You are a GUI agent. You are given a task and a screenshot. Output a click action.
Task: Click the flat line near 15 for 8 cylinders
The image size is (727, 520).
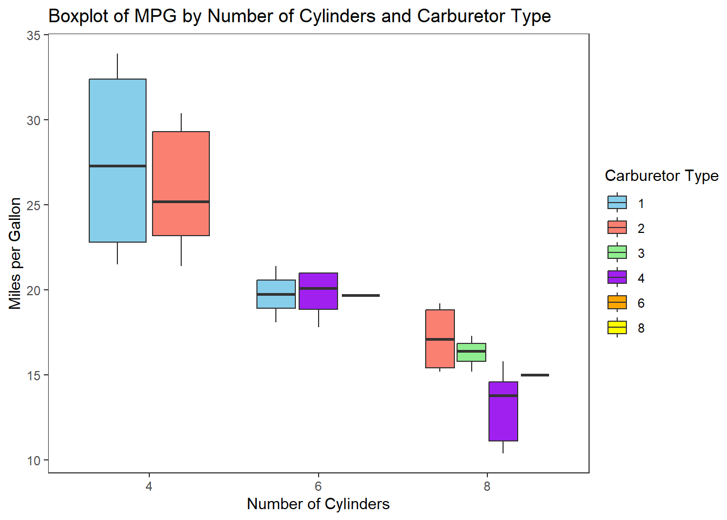click(x=534, y=375)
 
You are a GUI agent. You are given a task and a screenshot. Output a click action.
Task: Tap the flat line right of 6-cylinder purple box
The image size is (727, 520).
click(x=361, y=296)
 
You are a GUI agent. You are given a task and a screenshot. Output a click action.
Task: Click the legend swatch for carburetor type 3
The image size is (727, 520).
click(x=617, y=253)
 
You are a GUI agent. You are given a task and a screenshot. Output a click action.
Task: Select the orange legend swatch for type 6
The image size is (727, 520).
click(x=617, y=303)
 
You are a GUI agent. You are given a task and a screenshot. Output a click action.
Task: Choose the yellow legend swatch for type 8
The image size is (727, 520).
click(x=617, y=328)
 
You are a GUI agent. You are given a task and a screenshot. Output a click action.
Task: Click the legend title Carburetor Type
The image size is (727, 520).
click(x=661, y=176)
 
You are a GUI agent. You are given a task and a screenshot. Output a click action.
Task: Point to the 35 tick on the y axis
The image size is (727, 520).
click(x=34, y=36)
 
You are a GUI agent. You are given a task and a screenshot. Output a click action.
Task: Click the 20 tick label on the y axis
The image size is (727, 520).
click(x=34, y=291)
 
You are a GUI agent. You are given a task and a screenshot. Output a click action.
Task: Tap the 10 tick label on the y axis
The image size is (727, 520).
click(x=34, y=461)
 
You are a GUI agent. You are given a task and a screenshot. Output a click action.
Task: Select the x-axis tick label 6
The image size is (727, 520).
click(x=318, y=486)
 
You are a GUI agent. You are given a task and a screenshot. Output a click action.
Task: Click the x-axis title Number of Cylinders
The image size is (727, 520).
click(x=318, y=504)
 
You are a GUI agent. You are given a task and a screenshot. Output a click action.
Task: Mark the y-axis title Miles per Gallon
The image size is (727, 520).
click(x=15, y=253)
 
